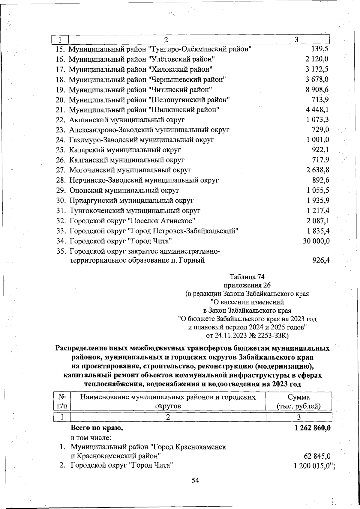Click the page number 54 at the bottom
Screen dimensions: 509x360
click(x=195, y=481)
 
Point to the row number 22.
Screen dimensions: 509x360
click(x=61, y=120)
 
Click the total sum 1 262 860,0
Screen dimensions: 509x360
click(x=313, y=428)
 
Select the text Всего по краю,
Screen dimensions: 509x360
click(x=97, y=428)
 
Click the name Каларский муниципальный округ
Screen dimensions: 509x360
click(x=125, y=150)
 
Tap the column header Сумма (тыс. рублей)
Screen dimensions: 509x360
click(x=299, y=402)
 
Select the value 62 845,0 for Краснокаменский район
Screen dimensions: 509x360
click(x=317, y=456)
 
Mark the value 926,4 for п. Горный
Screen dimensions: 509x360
click(x=321, y=260)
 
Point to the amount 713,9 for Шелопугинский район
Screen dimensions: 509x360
click(x=320, y=100)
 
